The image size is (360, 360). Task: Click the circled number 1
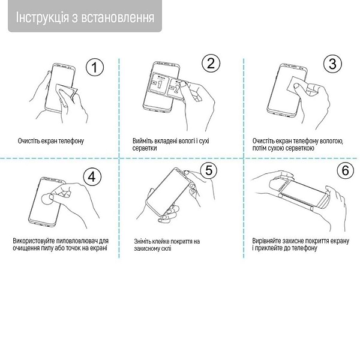(95, 67)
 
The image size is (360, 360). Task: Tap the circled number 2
(211, 63)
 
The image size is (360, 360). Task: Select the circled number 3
(332, 64)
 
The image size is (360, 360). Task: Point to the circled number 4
(92, 177)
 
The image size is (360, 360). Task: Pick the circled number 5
(209, 170)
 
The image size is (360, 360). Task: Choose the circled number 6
(346, 170)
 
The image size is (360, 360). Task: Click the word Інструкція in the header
(42, 17)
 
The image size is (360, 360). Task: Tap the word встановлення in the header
(118, 18)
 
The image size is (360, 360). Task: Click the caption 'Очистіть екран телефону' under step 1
(51, 141)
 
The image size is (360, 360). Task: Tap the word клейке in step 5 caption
(161, 242)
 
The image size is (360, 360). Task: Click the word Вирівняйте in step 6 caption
(266, 241)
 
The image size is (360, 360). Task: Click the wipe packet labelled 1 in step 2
(159, 85)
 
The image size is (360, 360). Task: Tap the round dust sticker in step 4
(48, 199)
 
